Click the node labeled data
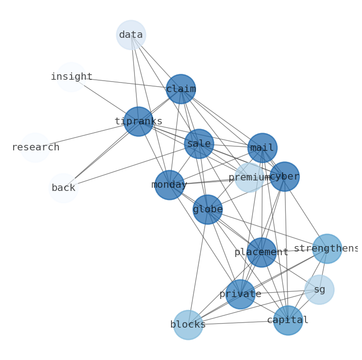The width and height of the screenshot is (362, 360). point(131,35)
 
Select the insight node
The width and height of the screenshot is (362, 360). point(71,77)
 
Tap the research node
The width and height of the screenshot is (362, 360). point(35,148)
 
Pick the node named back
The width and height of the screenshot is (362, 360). point(63,188)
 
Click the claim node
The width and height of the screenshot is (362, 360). point(181,89)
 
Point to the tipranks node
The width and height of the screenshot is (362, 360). point(138,122)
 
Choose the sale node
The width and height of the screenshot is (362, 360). point(199,144)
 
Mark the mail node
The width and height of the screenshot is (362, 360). point(262,148)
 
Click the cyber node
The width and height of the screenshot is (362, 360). point(284,176)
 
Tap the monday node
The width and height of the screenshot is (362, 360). point(169,185)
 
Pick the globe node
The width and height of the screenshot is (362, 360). point(207,210)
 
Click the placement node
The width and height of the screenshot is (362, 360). point(262,252)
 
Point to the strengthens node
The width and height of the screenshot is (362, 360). point(327,249)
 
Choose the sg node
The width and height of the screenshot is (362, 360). point(319,289)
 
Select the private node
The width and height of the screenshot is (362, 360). point(240,294)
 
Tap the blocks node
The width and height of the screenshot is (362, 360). point(188,325)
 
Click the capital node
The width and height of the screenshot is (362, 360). point(288,320)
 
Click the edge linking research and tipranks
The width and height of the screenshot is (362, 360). point(87,134)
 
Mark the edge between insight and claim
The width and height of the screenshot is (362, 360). point(126,83)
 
